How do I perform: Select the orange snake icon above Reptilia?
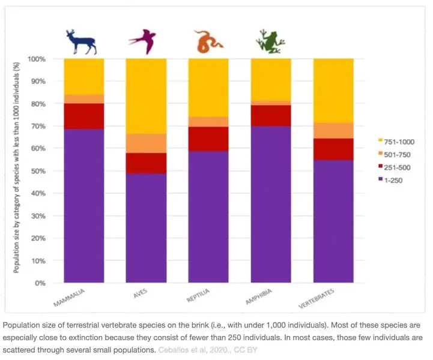point(207,41)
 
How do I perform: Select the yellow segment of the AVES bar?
point(146,96)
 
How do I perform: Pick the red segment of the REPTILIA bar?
point(208,139)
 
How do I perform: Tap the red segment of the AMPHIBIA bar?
point(271,116)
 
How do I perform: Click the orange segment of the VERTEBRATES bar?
point(333,130)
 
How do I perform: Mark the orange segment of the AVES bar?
point(146,143)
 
